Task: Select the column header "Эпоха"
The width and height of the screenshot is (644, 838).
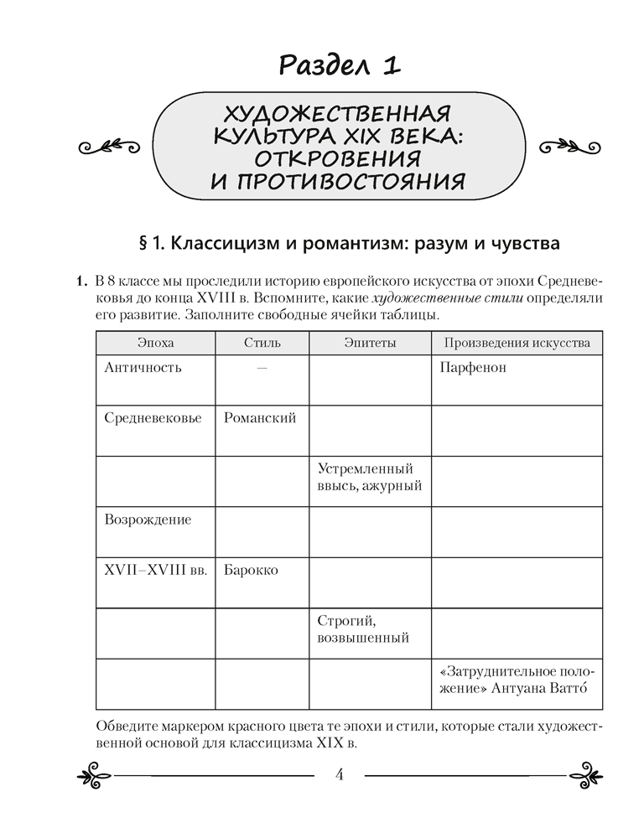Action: [x=155, y=343]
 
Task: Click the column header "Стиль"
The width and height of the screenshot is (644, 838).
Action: [x=262, y=343]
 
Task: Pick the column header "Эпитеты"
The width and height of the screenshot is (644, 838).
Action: [x=370, y=343]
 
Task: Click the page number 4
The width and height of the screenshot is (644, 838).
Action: [x=340, y=773]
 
